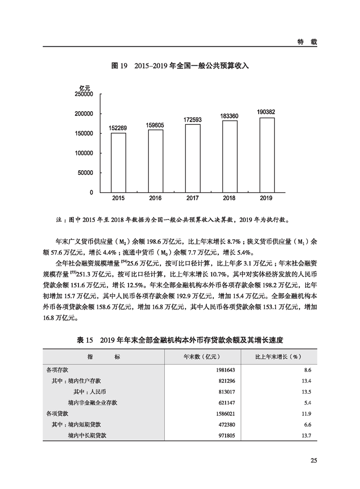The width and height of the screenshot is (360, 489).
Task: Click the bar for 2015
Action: click(x=118, y=162)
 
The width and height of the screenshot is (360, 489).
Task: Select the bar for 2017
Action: click(x=192, y=158)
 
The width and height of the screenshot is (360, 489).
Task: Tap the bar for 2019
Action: click(x=267, y=155)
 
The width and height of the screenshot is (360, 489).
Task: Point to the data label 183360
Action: click(x=230, y=116)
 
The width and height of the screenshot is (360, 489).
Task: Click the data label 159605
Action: click(x=156, y=125)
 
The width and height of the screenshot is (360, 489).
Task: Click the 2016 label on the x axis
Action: click(x=155, y=198)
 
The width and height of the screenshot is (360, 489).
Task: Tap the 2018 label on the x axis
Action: click(x=230, y=198)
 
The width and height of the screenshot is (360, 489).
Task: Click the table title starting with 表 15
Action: click(x=180, y=340)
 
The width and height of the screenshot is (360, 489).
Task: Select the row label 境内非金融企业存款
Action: click(x=95, y=403)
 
